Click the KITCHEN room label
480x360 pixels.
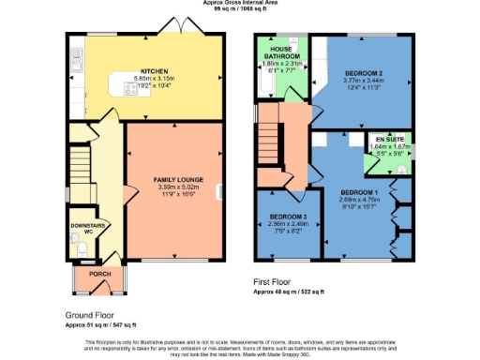click(x=155, y=70)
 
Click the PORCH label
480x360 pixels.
click(x=99, y=274)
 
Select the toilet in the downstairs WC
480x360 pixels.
click(x=82, y=247)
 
